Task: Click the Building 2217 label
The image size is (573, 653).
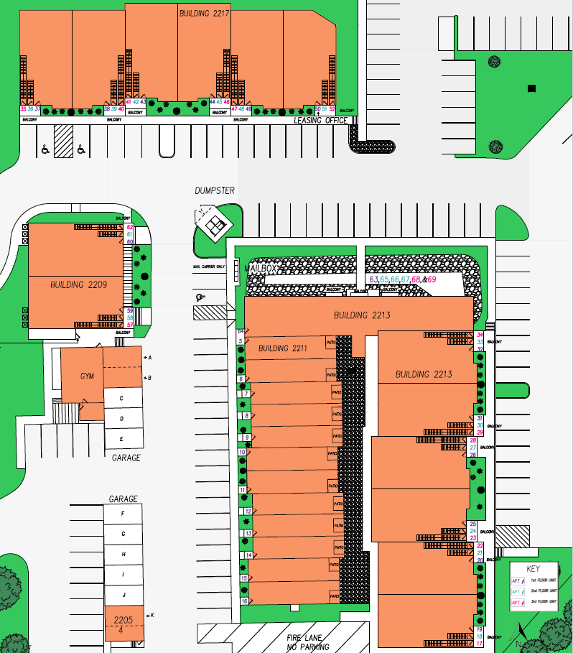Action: coord(204,13)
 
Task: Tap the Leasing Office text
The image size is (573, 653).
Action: coord(320,121)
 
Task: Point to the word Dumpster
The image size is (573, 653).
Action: coord(215,190)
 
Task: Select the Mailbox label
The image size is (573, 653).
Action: coord(261,268)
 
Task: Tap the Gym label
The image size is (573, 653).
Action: coord(87,376)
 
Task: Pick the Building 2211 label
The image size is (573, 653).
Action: coord(283,348)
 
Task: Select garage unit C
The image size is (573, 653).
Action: coord(122,398)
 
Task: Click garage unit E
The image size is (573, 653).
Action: coord(122,439)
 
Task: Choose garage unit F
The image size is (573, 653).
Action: coord(124,514)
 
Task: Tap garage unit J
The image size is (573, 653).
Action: coord(124,596)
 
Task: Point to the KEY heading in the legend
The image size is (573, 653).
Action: coord(532,569)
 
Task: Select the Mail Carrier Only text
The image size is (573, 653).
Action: coord(209,266)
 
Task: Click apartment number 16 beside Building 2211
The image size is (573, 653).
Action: coord(244,601)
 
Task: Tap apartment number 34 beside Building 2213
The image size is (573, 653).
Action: coord(480,335)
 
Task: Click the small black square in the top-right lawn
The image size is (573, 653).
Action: coord(531,88)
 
